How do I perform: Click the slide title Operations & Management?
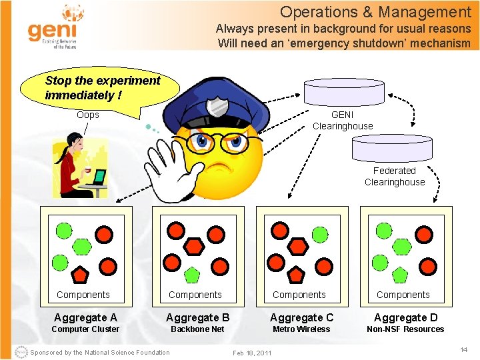pos(375,12)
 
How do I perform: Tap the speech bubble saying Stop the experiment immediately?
pos(102,87)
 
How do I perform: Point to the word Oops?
pos(87,115)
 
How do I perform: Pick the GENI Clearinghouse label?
pos(343,120)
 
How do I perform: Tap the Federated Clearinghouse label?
pos(394,176)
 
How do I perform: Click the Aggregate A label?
pos(85,317)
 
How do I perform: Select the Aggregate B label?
pos(197,317)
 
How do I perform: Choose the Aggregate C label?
pos(301,317)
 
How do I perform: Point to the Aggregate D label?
pos(405,317)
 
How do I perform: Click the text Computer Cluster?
pos(85,329)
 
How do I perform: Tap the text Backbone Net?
pos(197,329)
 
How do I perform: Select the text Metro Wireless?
pos(301,329)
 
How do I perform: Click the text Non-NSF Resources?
pos(405,329)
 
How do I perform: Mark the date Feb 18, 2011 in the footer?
pos(251,352)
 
